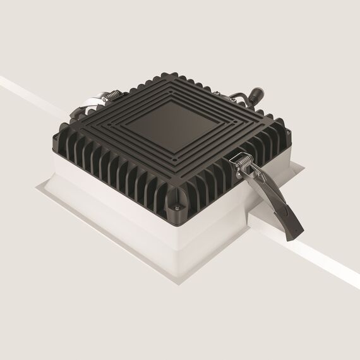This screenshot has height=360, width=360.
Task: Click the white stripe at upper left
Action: point(25,88)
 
